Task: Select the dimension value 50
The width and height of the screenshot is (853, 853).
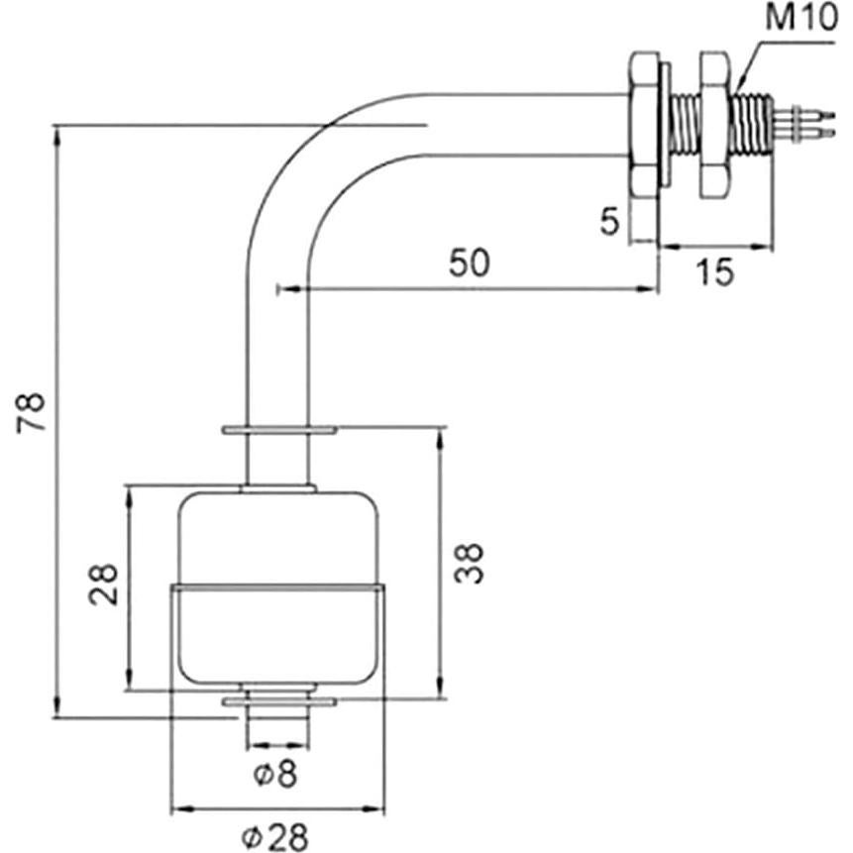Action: coord(471,265)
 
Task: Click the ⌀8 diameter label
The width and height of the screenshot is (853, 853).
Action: coord(274,774)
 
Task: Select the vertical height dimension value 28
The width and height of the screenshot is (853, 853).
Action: coord(104,585)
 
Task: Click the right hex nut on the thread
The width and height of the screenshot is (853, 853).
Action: coord(713,123)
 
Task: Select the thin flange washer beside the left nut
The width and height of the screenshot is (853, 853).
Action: coord(665,124)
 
